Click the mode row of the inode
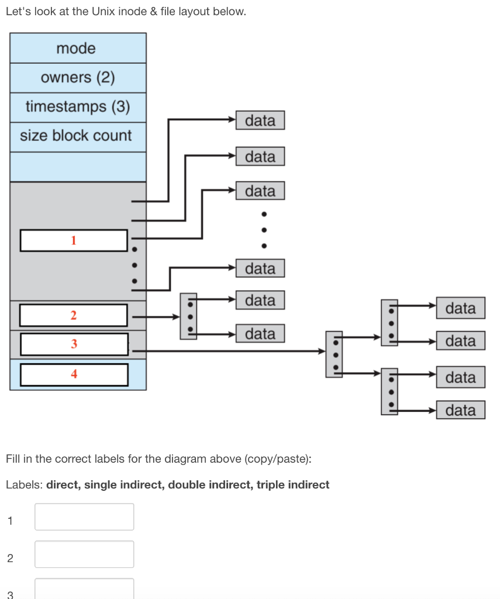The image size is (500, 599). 78,48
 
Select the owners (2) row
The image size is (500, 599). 78,78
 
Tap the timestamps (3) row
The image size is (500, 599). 78,107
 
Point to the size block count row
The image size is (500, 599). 78,136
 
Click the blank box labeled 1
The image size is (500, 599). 74,240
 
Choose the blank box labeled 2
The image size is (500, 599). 74,315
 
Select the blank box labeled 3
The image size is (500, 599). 74,344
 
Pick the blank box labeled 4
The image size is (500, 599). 74,374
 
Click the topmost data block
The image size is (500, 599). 260,121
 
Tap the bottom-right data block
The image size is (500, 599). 460,410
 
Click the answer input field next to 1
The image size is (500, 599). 84,517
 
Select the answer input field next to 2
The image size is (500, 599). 84,554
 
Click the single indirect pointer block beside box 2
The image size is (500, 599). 188,316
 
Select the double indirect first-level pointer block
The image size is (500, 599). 334,354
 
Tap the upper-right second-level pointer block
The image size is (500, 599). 389,322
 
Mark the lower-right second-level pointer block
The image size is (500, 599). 389,391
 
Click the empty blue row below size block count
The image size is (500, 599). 78,167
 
